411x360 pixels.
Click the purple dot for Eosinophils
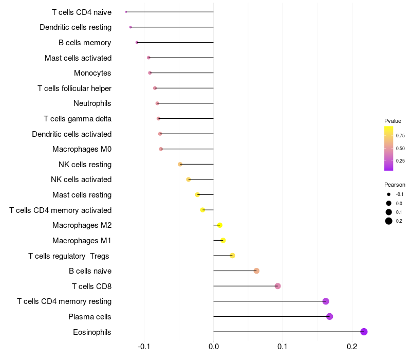click(x=364, y=332)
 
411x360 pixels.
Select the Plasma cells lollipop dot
click(x=329, y=316)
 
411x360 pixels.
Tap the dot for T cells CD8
click(x=277, y=286)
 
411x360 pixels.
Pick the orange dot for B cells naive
click(x=256, y=271)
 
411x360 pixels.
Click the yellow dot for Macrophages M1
click(x=222, y=240)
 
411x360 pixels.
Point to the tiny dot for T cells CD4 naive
click(x=126, y=12)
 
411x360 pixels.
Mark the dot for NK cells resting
click(x=180, y=164)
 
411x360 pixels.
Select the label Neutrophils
click(x=92, y=103)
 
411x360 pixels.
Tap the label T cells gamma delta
click(x=78, y=119)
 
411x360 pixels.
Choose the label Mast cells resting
click(x=82, y=195)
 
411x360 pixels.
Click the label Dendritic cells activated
click(x=72, y=134)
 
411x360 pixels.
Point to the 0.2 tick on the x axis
click(x=352, y=347)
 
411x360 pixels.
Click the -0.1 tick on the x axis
click(x=144, y=347)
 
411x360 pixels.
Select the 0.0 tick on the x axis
click(x=213, y=347)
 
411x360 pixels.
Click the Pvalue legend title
click(x=393, y=121)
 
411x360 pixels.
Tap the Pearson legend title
click(x=395, y=185)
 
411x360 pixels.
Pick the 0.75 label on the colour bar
click(x=400, y=136)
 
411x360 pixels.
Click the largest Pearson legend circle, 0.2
click(x=389, y=221)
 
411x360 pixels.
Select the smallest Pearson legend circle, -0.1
click(x=389, y=194)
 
